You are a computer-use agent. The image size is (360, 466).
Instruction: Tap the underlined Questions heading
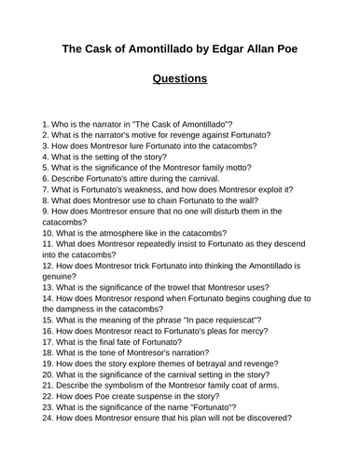[x=179, y=79]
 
